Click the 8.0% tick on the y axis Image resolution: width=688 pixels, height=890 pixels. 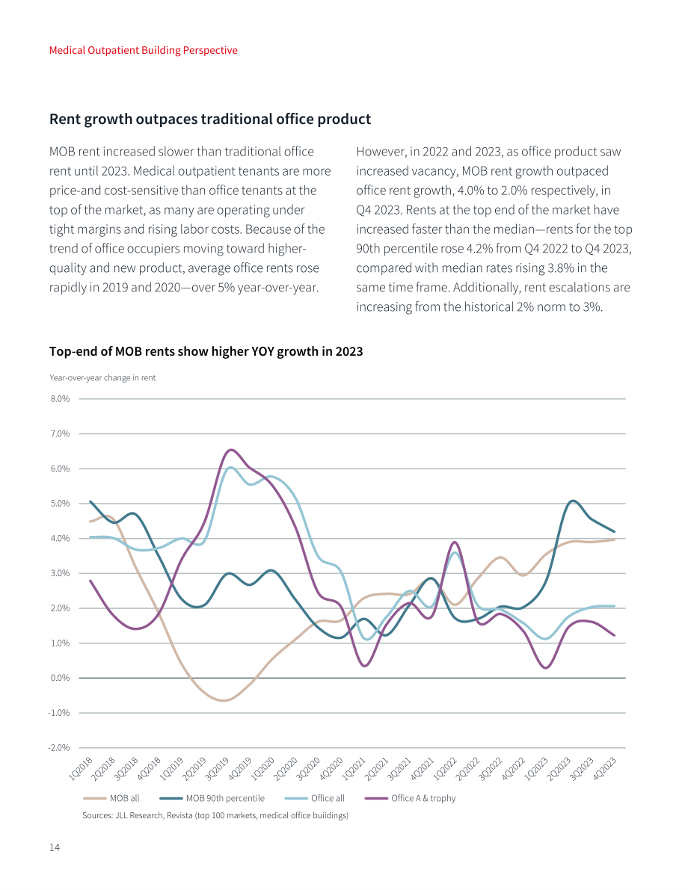60,399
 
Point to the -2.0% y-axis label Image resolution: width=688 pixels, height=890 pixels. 58,747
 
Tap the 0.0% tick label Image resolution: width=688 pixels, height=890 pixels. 60,678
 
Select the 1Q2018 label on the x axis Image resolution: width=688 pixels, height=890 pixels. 81,769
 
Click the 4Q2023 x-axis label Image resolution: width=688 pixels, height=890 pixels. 604,769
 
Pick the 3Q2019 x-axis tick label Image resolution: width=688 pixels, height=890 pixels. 217,769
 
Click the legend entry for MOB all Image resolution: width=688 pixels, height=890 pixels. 111,798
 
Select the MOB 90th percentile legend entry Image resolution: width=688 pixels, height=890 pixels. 212,798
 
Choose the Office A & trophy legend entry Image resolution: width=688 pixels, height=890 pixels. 411,798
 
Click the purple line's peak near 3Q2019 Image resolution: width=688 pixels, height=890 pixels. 230,450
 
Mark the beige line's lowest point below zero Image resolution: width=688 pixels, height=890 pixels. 224,700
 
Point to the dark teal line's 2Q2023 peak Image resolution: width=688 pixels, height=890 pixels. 573,501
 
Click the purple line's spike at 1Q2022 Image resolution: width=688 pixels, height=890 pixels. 455,543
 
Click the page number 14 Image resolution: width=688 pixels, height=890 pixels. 55,847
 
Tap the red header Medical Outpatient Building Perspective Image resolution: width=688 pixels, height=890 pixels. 143,50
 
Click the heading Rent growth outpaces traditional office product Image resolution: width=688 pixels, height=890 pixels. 210,120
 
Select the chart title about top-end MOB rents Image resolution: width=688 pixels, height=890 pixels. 206,351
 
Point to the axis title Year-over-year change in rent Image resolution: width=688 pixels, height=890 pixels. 102,378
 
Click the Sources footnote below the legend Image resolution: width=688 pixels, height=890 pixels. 215,815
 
